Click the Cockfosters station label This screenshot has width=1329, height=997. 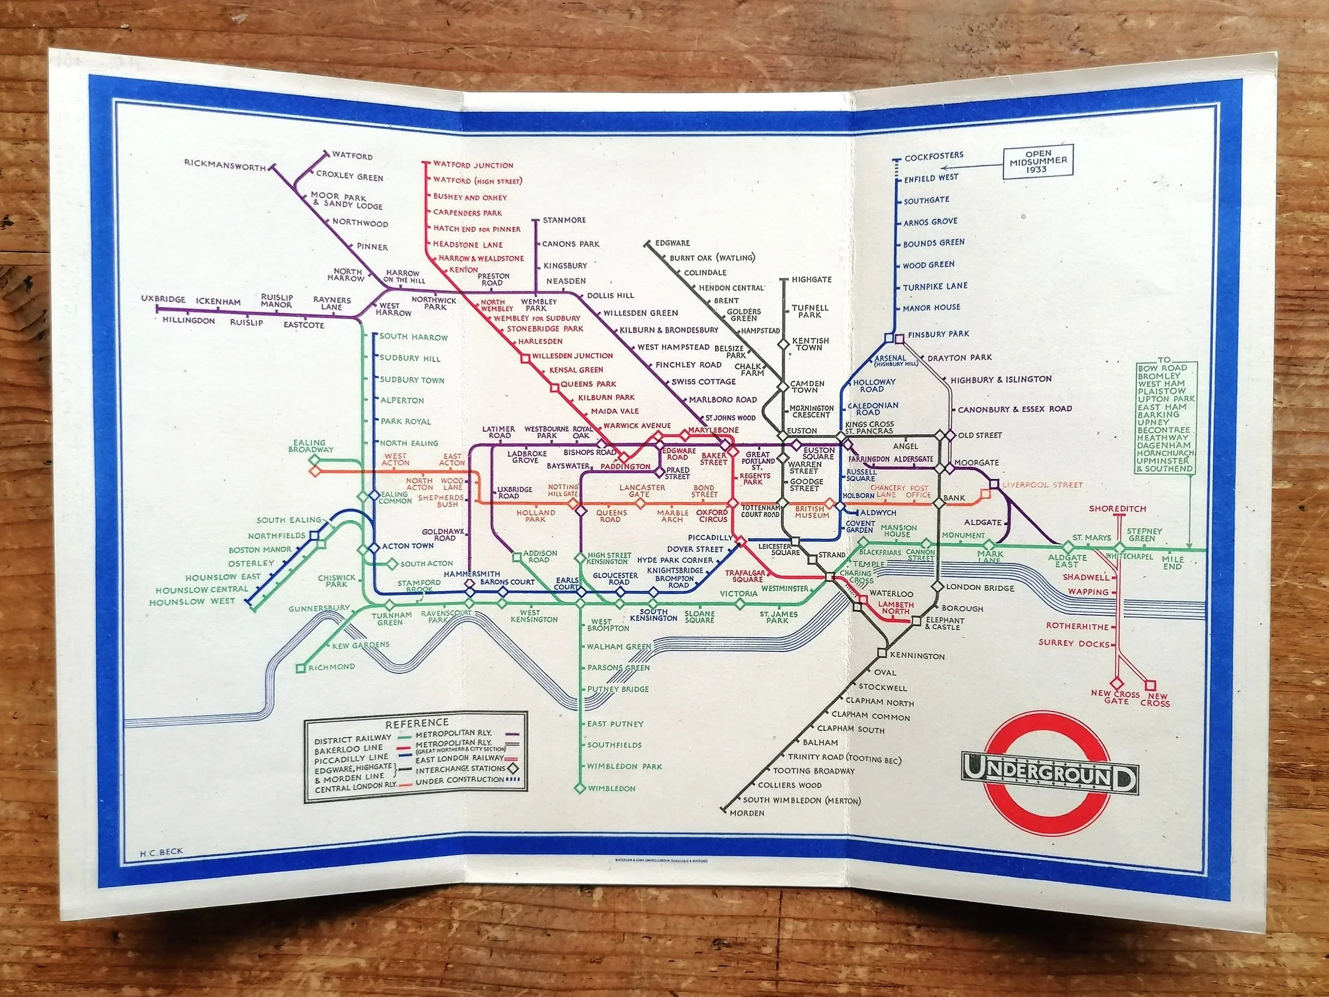pos(933,156)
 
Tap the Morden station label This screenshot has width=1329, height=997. pos(747,813)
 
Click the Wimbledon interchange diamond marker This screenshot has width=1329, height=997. pos(580,788)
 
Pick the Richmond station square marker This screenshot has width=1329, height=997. pos(300,668)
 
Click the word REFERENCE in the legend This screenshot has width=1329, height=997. pos(417,722)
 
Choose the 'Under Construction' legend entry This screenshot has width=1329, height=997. pos(460,780)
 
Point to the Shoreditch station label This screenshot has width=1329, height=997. pos(1117,508)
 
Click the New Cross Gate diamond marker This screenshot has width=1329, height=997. pos(1116,683)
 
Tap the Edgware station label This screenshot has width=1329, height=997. pos(672,243)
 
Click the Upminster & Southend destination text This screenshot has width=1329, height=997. pos(1163,465)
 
